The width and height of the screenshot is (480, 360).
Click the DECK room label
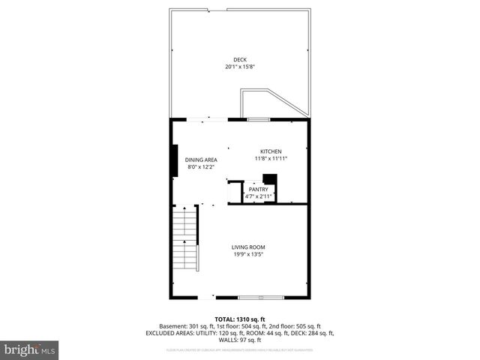[240, 60]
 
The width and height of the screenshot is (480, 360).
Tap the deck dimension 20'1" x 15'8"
[240, 67]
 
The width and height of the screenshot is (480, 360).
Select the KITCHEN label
[271, 151]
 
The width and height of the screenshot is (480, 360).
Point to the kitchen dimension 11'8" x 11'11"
[271, 158]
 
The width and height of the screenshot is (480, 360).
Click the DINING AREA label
[201, 159]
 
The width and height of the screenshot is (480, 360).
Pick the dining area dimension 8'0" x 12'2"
[201, 166]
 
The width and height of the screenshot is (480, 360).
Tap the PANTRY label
[259, 190]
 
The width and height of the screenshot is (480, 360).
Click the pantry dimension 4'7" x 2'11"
[259, 196]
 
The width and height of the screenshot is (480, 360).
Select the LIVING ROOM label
[247, 247]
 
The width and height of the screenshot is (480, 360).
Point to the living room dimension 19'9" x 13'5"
[247, 255]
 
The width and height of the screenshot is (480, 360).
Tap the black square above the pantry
[269, 179]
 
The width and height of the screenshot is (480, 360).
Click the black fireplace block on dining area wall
[174, 159]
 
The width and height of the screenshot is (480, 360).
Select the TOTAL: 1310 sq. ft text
[240, 319]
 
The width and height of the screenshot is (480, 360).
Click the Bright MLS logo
[30, 350]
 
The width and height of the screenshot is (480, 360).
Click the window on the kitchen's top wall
[259, 119]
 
